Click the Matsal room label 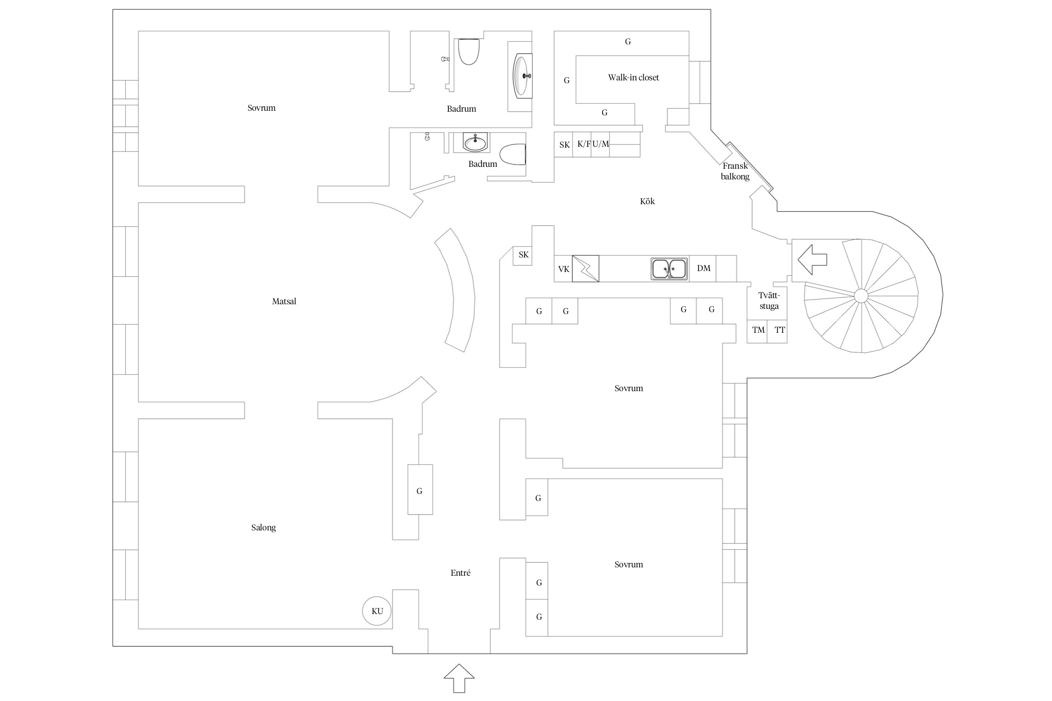[284, 301]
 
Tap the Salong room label [263, 528]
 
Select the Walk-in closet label [633, 78]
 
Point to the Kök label [647, 201]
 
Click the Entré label [460, 573]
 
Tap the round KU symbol [377, 611]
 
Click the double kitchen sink [669, 269]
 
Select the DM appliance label [703, 268]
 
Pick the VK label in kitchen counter [563, 269]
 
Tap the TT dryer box [777, 331]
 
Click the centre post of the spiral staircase [861, 296]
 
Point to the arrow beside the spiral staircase [812, 259]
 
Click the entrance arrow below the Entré [459, 678]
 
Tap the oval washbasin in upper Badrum [523, 76]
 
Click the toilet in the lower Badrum [513, 154]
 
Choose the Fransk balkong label [735, 171]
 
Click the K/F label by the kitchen [584, 144]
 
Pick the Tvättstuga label [769, 300]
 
